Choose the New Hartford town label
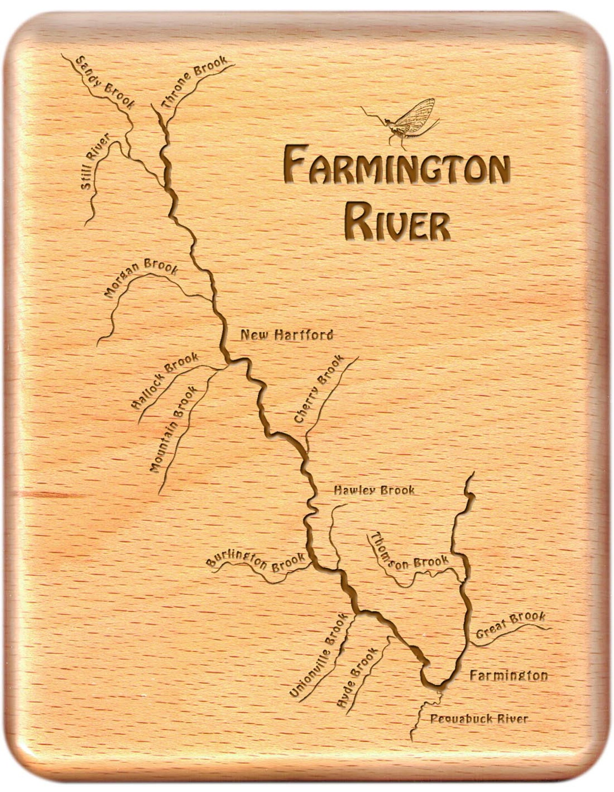pyautogui.click(x=287, y=335)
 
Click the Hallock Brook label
pyautogui.click(x=165, y=381)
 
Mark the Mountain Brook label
pyautogui.click(x=172, y=430)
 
